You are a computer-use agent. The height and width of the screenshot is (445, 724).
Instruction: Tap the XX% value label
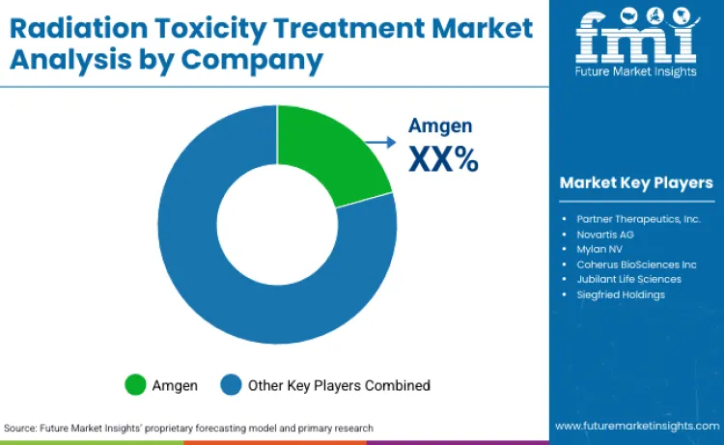pyautogui.click(x=443, y=158)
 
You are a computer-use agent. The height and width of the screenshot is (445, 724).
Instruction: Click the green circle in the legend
pyautogui.click(x=135, y=385)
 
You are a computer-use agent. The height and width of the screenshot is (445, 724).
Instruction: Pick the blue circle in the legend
pyautogui.click(x=232, y=385)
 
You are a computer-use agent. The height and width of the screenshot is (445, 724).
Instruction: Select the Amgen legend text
pyautogui.click(x=175, y=385)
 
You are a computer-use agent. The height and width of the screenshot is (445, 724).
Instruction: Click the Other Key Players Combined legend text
pyautogui.click(x=339, y=385)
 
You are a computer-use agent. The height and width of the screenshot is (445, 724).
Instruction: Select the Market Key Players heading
pyautogui.click(x=636, y=183)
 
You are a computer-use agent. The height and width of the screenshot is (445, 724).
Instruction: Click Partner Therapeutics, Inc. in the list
pyautogui.click(x=638, y=219)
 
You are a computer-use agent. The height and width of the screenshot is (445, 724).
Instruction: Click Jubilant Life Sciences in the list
pyautogui.click(x=629, y=279)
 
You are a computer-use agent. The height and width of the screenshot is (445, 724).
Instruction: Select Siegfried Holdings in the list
pyautogui.click(x=621, y=294)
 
